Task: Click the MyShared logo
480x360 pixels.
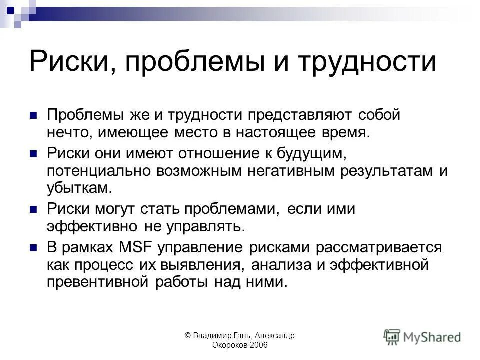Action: coord(423,336)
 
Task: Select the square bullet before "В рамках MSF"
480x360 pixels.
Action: coord(34,247)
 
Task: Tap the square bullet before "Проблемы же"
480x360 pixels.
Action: coord(34,115)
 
